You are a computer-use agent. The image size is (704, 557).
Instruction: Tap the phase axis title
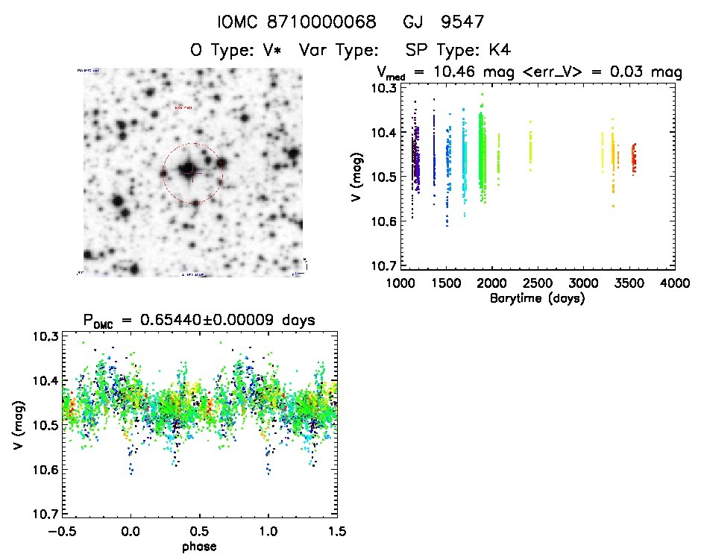click(x=199, y=547)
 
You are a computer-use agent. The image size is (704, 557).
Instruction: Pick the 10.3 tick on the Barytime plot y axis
click(x=383, y=88)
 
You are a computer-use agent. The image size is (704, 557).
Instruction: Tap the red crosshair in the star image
click(x=192, y=172)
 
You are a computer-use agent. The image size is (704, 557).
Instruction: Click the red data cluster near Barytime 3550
click(x=634, y=158)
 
